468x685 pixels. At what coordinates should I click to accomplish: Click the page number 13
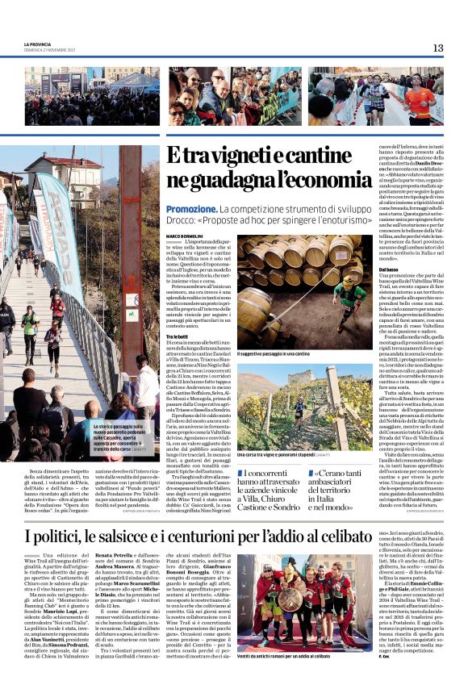(x=438, y=48)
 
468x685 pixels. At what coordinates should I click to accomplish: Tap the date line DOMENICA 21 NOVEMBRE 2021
(x=50, y=50)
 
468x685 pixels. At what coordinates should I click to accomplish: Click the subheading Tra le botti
(x=178, y=336)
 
